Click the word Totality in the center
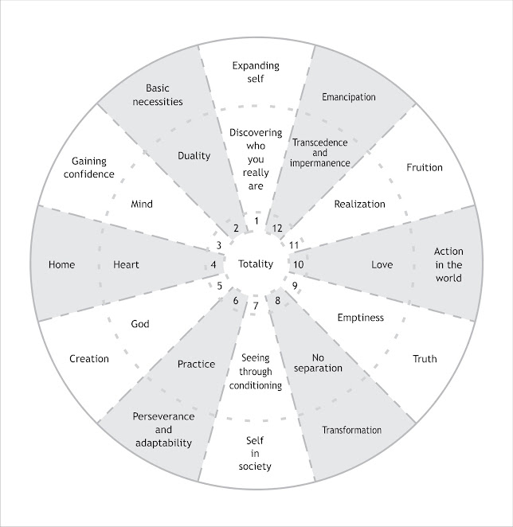point(256,264)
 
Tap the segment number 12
point(277,228)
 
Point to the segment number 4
point(213,265)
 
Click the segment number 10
point(299,264)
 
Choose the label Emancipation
point(348,97)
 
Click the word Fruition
point(424,167)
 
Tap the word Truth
point(425,359)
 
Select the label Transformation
point(351,431)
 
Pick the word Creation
point(89,359)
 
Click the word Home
point(61,264)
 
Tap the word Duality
point(194,156)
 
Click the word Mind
point(141,204)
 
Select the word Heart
point(126,264)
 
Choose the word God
point(139,324)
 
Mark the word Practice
point(196,364)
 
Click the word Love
point(382,264)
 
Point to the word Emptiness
point(360,318)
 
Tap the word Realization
point(359,204)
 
